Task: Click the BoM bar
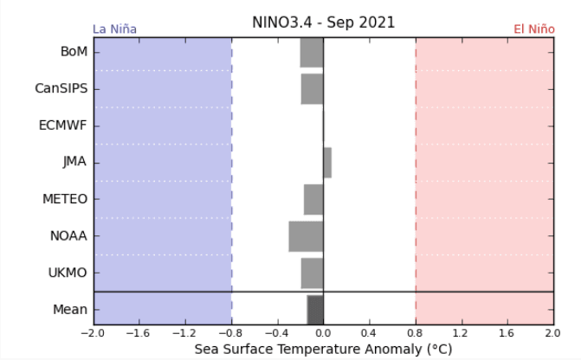pos(312,52)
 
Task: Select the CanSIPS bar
pos(312,88)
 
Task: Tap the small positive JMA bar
pos(327,162)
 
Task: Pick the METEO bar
pos(313,199)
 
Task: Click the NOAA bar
pos(306,236)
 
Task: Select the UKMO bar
pos(312,273)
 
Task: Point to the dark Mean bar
pos(315,309)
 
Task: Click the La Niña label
pos(114,29)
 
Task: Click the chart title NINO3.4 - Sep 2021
pos(323,22)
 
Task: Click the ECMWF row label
pos(63,125)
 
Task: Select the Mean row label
pos(70,309)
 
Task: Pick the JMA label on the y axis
pos(74,162)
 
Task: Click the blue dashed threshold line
pos(231,173)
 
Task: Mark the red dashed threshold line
pos(416,173)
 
